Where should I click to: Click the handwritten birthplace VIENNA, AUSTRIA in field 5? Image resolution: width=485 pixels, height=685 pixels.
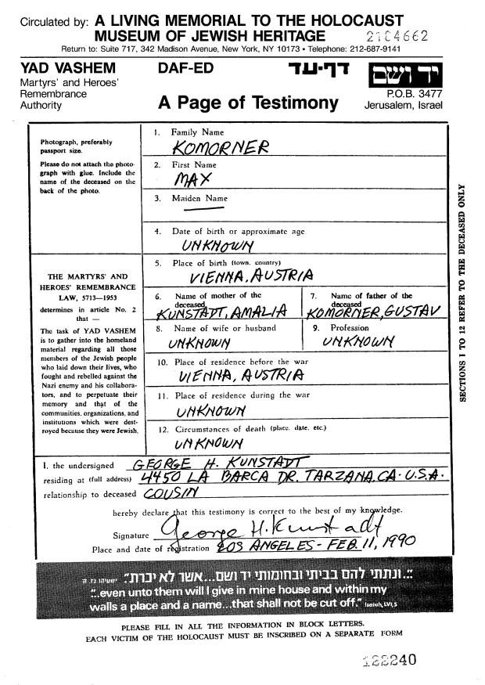pos(250,276)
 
